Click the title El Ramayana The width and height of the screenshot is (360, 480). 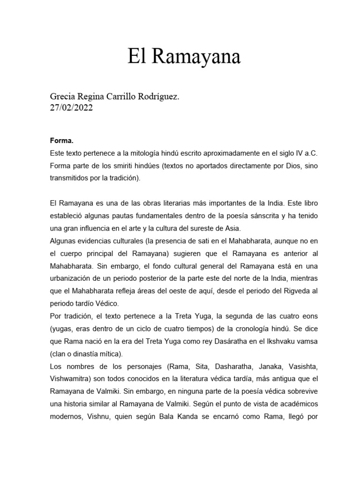click(184, 57)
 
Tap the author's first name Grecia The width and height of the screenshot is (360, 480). click(63, 97)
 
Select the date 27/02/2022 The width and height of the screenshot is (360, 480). click(71, 107)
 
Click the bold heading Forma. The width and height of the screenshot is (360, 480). click(61, 141)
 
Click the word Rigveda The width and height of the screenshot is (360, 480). click(290, 291)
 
